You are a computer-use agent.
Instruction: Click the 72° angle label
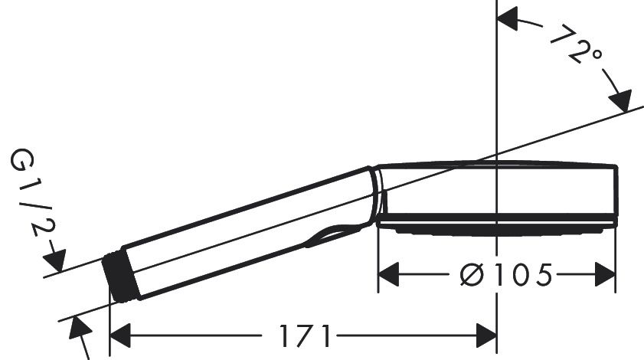pyautogui.click(x=577, y=46)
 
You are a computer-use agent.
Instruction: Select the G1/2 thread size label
pyautogui.click(x=29, y=195)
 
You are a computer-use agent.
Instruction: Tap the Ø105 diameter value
pyautogui.click(x=506, y=273)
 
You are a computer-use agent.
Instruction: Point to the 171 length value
pyautogui.click(x=304, y=335)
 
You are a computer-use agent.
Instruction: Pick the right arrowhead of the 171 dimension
pyautogui.click(x=487, y=335)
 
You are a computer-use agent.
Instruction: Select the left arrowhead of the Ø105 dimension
pyautogui.click(x=390, y=273)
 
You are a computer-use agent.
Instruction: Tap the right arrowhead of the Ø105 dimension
pyautogui.click(x=606, y=273)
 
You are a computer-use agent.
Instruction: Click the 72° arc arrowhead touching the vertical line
pyautogui.click(x=508, y=20)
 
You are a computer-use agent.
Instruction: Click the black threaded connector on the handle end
pyautogui.click(x=121, y=277)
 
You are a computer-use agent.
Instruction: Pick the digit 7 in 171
pyautogui.click(x=304, y=335)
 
